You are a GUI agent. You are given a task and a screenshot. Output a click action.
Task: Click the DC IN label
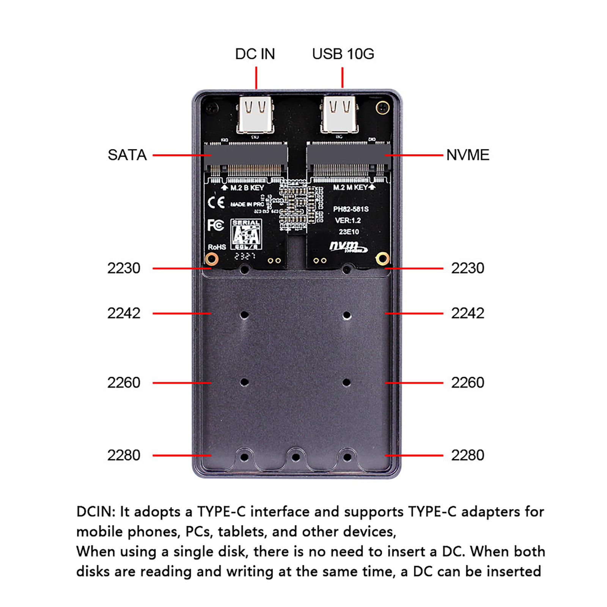point(255,54)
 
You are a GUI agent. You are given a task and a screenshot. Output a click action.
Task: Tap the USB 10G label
point(343,54)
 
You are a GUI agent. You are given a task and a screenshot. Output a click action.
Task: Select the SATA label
point(127,155)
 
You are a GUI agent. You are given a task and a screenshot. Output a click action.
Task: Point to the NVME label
point(468,155)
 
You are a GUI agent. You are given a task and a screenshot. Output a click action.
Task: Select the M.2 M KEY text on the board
point(350,187)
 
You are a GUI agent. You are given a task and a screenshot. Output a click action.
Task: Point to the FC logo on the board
point(215,225)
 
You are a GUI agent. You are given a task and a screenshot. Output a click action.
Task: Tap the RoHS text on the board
point(217,247)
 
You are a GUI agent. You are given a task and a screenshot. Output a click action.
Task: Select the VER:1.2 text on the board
point(348,220)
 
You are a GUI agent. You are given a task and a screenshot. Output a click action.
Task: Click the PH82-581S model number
point(351,209)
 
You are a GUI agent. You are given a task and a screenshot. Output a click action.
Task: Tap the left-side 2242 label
point(124,313)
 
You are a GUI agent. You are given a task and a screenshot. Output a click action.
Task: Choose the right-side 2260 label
point(467,383)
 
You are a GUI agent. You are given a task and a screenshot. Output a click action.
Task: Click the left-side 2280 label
point(124,455)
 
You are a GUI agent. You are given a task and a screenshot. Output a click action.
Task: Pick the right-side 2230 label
point(467,268)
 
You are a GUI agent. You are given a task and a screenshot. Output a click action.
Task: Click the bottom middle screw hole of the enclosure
point(296,458)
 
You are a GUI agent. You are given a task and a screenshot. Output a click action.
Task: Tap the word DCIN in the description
point(96,512)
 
